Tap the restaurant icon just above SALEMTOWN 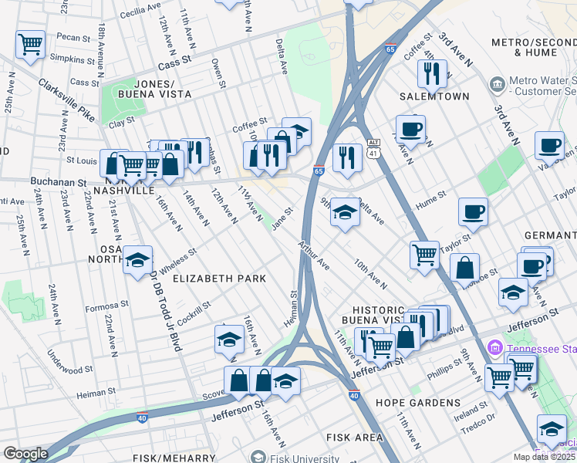[430, 73]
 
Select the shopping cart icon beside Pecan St [30, 45]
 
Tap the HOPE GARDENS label [407, 403]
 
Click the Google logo [25, 454]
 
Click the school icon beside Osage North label [138, 260]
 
